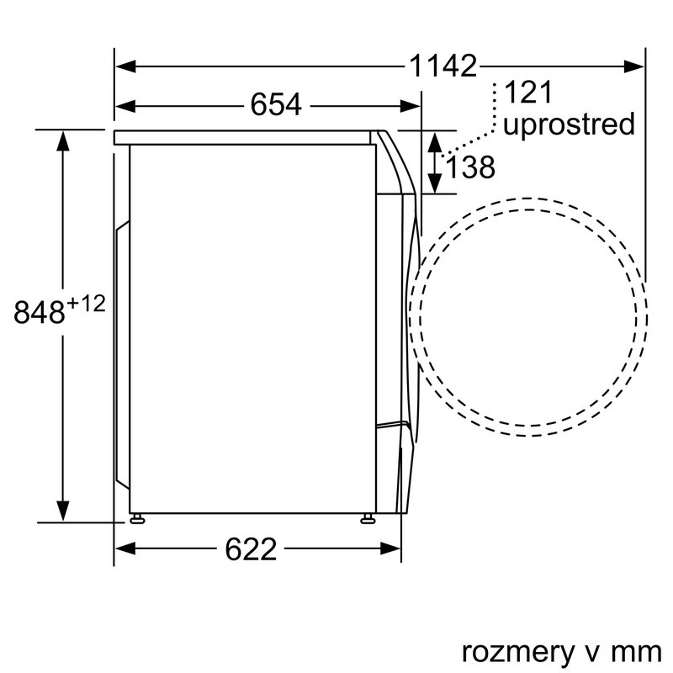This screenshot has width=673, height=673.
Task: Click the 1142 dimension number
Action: [x=442, y=66]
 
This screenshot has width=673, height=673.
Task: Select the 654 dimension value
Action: [x=275, y=106]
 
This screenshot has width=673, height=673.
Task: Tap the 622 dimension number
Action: [x=251, y=549]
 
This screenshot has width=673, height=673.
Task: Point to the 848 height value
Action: [x=40, y=312]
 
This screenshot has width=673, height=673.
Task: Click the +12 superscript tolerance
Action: [x=87, y=304]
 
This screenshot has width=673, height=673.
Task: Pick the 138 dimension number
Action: [x=470, y=167]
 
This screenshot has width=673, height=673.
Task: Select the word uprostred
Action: [x=568, y=125]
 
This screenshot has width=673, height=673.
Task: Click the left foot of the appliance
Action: [x=135, y=517]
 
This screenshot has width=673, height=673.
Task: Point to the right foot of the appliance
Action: [x=368, y=517]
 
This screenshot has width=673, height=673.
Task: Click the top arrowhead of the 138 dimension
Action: [x=434, y=140]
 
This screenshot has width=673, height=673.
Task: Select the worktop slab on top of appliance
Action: [x=244, y=137]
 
